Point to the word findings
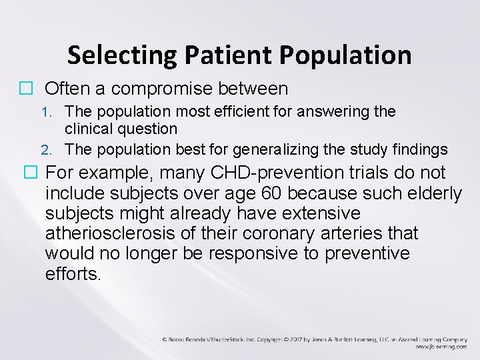[x=423, y=148]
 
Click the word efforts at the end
[x=73, y=273]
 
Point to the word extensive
[x=317, y=213]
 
